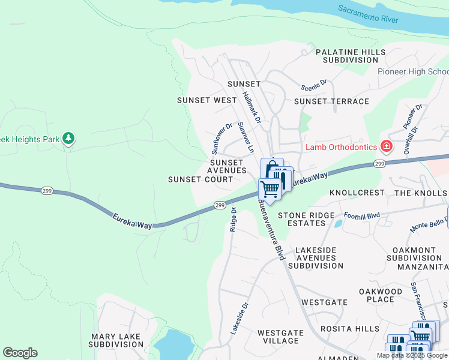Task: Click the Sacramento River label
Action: point(367,14)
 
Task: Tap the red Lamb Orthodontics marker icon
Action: point(386,146)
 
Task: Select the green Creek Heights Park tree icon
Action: point(69,139)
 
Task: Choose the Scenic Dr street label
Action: point(314,86)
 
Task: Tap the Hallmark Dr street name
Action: point(252,107)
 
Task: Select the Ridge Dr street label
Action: point(234,220)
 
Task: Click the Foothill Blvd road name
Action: point(362,215)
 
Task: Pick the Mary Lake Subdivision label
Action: point(116,341)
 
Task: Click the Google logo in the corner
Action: point(20,353)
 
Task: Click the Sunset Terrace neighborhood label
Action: point(331,101)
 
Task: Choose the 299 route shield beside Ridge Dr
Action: point(219,206)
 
